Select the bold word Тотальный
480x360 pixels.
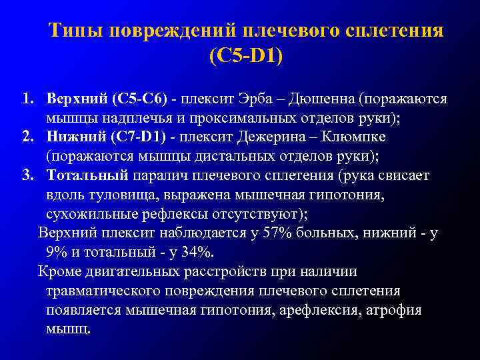click(x=87, y=176)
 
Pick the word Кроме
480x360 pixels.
click(x=60, y=271)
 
